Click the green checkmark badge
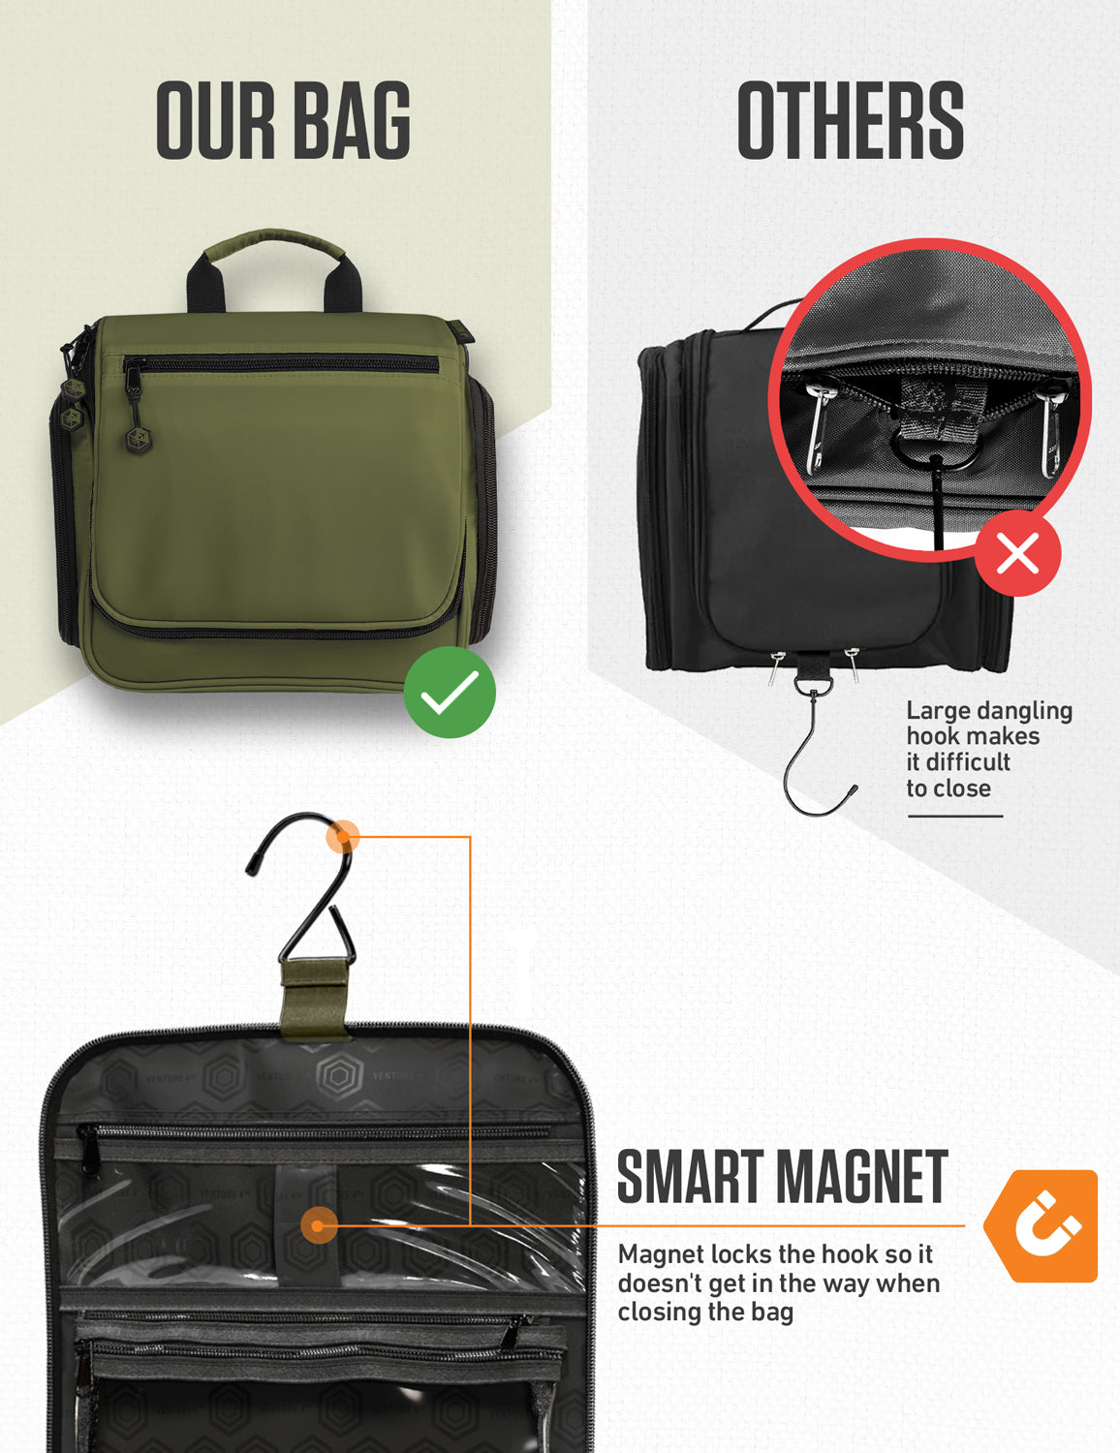click(450, 693)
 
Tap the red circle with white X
click(1017, 554)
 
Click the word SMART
click(689, 1178)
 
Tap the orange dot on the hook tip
click(342, 836)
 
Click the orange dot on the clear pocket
click(318, 1225)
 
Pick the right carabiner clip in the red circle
click(1051, 431)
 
